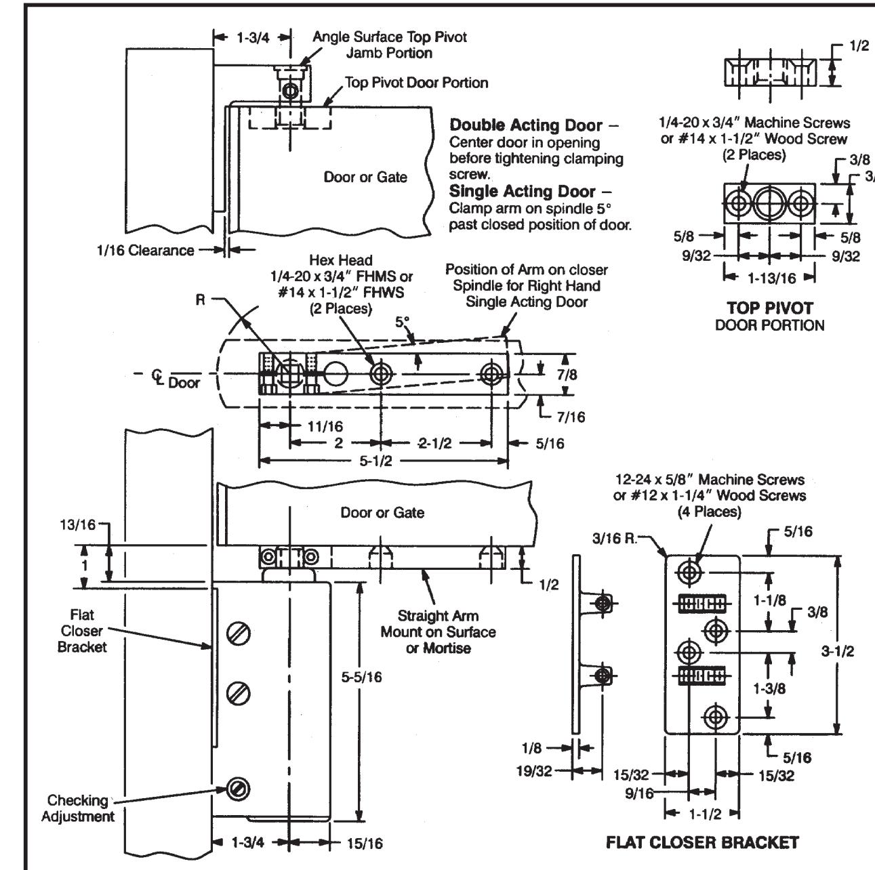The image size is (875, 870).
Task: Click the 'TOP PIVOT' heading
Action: tap(770, 308)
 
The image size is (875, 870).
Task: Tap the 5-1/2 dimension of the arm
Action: tap(375, 461)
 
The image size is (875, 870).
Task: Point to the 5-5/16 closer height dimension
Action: tap(361, 678)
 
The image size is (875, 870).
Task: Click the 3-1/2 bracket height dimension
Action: tap(838, 651)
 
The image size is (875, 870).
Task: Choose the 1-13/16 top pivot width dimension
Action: tap(771, 278)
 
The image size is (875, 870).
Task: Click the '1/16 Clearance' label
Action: tap(145, 250)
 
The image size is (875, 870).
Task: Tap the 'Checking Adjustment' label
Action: tap(78, 808)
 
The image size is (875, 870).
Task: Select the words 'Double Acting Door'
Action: tap(525, 125)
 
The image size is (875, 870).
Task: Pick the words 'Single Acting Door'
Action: tap(522, 192)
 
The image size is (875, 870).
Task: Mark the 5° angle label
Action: tap(403, 322)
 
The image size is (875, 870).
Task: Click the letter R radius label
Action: tap(200, 300)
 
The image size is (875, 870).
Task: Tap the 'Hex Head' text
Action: tap(340, 260)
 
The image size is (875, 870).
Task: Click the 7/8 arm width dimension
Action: tap(567, 375)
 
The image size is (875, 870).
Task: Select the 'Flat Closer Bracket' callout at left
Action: tap(82, 631)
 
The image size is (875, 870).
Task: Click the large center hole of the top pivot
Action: tap(770, 203)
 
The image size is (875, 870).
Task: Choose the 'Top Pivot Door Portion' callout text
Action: tap(416, 83)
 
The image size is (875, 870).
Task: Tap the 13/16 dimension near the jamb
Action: tap(78, 525)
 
